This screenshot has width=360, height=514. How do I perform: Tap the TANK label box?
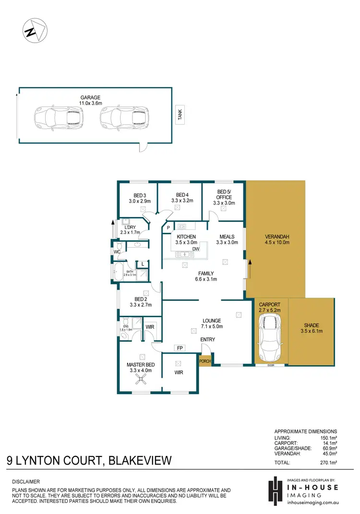(x=180, y=116)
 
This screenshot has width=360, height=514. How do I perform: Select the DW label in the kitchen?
(x=196, y=249)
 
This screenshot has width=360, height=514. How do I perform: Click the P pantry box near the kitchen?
(x=168, y=228)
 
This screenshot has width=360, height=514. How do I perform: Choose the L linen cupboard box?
(x=143, y=264)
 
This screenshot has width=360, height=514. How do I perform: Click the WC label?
(x=117, y=252)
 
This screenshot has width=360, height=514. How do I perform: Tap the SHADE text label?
(x=311, y=325)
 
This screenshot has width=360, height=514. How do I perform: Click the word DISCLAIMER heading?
(x=26, y=481)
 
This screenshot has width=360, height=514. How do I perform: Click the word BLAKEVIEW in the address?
(x=140, y=461)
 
